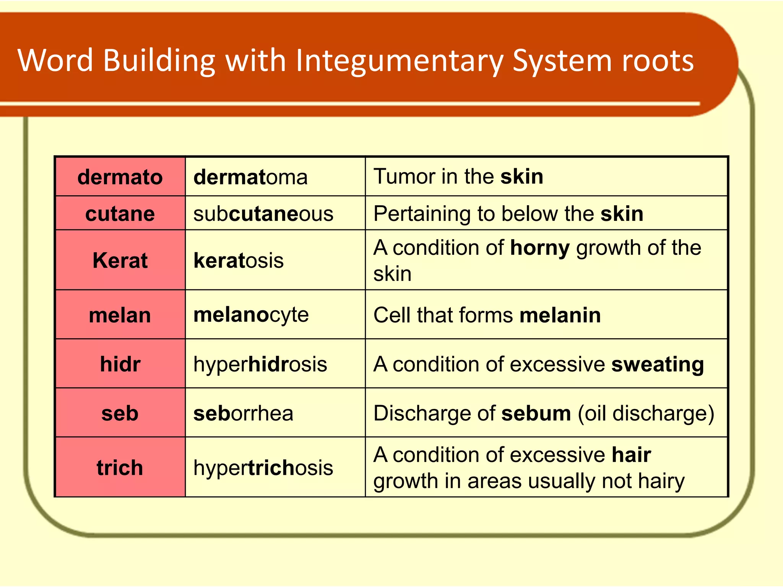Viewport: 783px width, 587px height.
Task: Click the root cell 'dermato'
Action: (120, 177)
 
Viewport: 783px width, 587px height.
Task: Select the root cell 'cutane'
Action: (120, 214)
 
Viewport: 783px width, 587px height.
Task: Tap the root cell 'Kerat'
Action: (120, 261)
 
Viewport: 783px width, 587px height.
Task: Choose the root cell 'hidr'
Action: (120, 364)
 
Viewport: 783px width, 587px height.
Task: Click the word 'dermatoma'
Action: (250, 177)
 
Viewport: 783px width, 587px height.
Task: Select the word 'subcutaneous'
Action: (263, 214)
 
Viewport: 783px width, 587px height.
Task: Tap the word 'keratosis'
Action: (239, 261)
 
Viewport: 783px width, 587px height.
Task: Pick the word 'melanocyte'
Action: (251, 315)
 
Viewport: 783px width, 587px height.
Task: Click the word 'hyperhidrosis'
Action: (260, 364)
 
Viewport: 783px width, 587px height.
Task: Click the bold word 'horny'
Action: (540, 248)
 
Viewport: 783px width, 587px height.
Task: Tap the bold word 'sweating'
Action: (658, 364)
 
